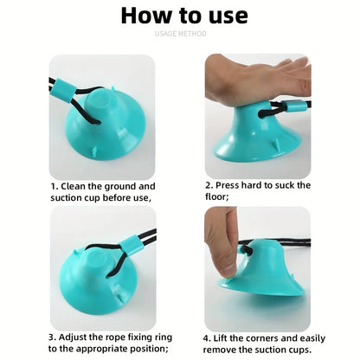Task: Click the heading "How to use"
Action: [183, 16]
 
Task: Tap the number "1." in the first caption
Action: [55, 185]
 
